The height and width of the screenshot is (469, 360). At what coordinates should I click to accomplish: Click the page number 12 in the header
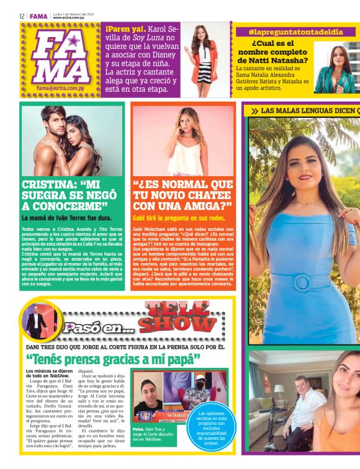point(22,16)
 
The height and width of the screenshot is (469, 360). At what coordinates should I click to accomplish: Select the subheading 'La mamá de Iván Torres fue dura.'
point(65,218)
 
